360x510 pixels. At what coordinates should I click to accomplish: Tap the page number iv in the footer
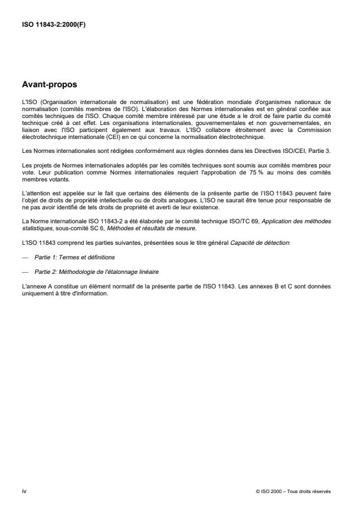pyautogui.click(x=23, y=491)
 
